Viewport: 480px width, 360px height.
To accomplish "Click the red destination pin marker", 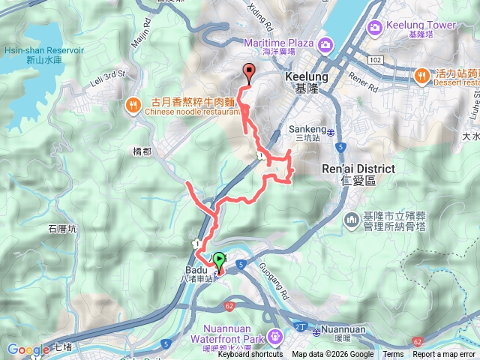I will tap(249, 71).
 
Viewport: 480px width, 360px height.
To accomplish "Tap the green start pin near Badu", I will tap(220, 261).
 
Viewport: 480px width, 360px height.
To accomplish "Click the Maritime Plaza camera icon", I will tap(325, 44).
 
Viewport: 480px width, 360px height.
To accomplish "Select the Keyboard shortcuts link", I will tap(250, 355).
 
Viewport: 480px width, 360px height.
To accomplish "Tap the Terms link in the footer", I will tap(393, 355).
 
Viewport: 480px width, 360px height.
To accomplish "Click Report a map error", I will tap(443, 355).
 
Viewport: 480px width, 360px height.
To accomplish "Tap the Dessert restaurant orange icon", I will tap(421, 75).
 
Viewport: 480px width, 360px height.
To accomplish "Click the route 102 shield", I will tap(376, 58).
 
